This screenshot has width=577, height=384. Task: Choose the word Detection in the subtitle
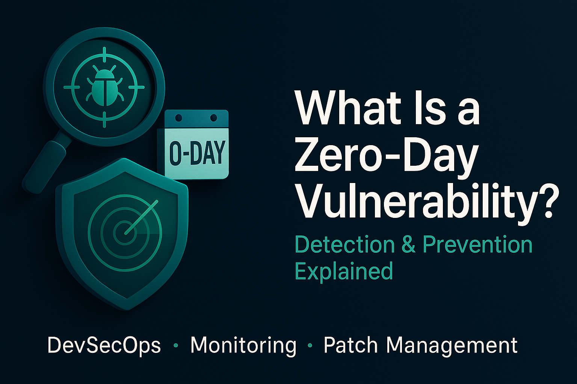tap(345, 244)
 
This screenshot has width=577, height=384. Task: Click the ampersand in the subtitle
tap(408, 245)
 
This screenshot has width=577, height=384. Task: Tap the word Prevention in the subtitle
tap(477, 244)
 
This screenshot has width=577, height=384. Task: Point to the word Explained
tap(344, 271)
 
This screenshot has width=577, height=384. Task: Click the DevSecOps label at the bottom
tap(104, 345)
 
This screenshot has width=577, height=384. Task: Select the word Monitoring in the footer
tap(243, 345)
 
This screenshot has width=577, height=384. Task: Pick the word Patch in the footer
tap(350, 345)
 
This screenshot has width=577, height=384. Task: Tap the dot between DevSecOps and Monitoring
tap(175, 346)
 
